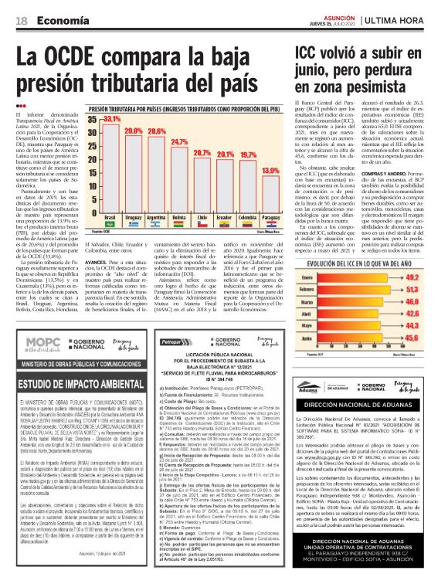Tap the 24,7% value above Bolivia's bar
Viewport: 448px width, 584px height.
tap(179, 143)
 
